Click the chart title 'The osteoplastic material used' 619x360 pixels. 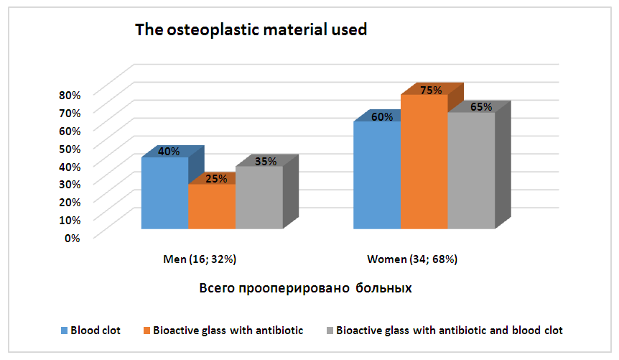tap(251, 30)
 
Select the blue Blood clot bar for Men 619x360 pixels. tap(164, 194)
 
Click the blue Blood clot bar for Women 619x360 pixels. tap(376, 176)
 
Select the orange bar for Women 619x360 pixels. tap(424, 162)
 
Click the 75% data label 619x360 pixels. tap(431, 91)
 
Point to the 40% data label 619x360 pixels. tap(169, 152)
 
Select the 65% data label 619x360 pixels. tap(481, 107)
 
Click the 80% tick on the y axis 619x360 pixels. tap(70, 94)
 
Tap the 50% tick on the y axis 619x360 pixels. tap(70, 148)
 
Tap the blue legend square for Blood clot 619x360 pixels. tap(64, 331)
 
